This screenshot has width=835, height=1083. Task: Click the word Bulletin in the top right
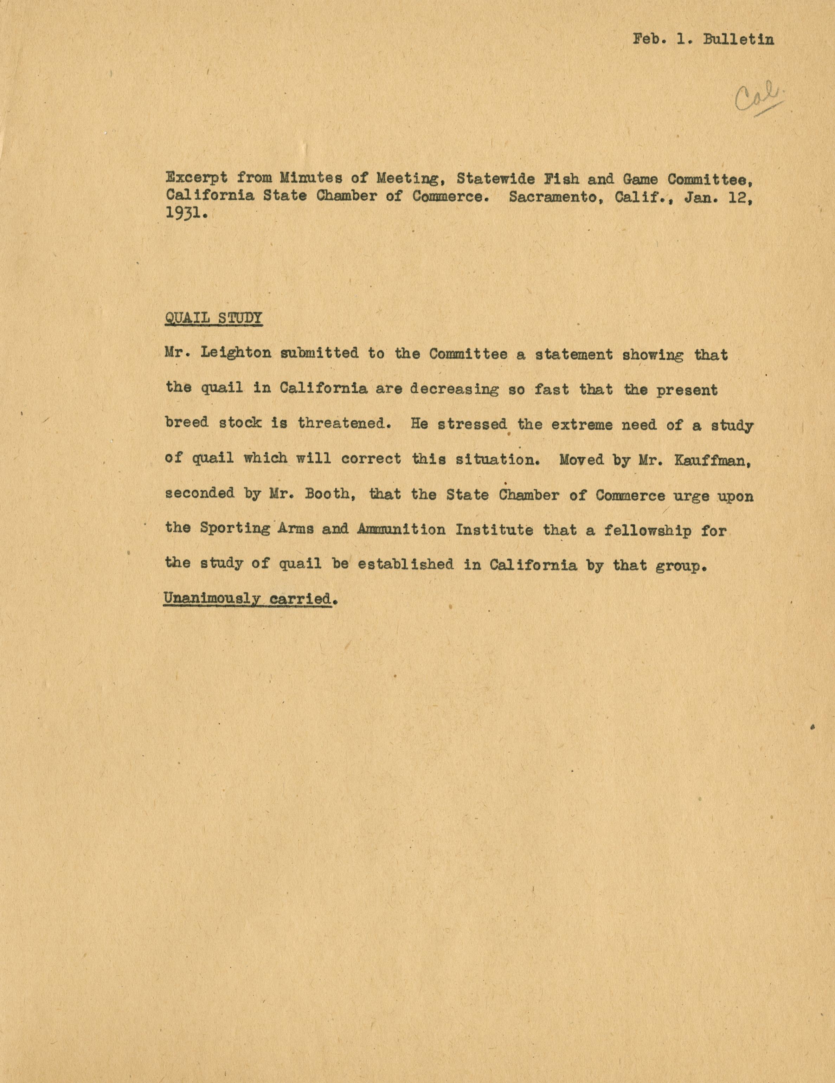(738, 40)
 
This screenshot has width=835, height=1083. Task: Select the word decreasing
(455, 389)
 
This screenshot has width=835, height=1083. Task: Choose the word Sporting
(235, 529)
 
